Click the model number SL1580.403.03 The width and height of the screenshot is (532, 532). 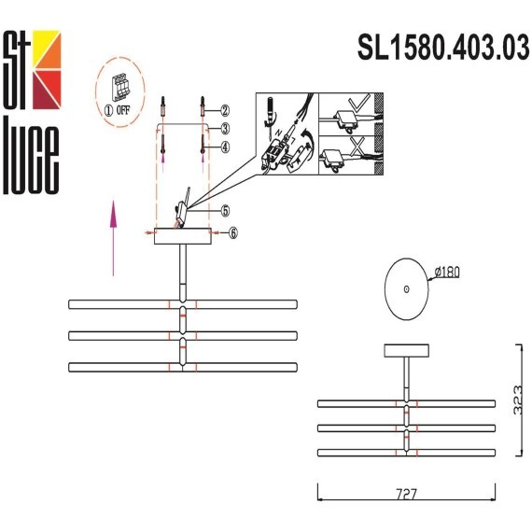pyautogui.click(x=443, y=47)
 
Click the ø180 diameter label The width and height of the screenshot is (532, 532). pyautogui.click(x=447, y=273)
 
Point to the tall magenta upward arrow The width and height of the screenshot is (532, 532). pyautogui.click(x=112, y=237)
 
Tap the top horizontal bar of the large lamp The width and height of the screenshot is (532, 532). pyautogui.click(x=183, y=304)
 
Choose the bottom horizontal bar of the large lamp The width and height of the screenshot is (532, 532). pyautogui.click(x=183, y=366)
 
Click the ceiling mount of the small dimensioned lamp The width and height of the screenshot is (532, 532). pyautogui.click(x=406, y=350)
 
